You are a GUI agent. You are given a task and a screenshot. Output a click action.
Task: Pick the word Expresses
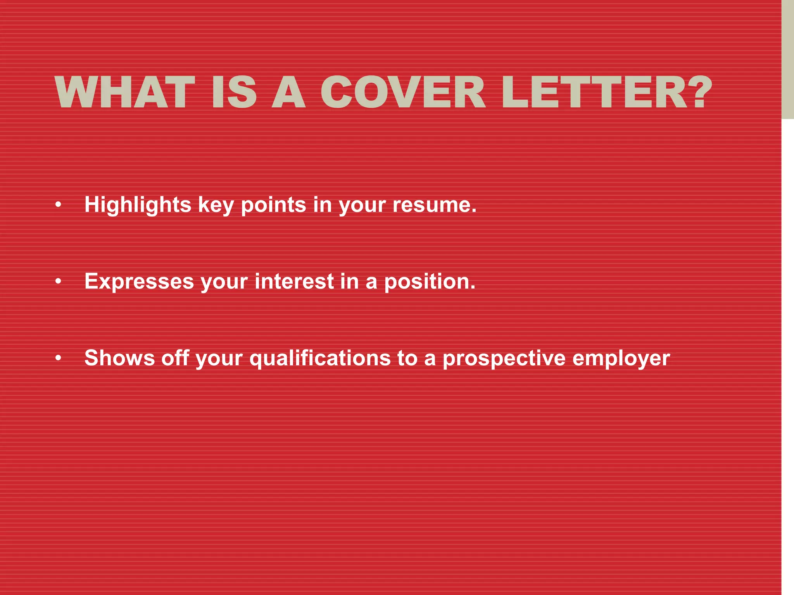pos(139,281)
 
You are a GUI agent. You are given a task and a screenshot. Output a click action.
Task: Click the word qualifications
pos(320,358)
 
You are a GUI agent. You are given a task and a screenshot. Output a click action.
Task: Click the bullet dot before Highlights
pos(58,205)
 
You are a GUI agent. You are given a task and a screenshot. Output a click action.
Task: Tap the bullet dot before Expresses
pos(58,282)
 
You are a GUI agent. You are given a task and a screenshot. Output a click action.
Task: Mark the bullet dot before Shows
pos(58,358)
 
